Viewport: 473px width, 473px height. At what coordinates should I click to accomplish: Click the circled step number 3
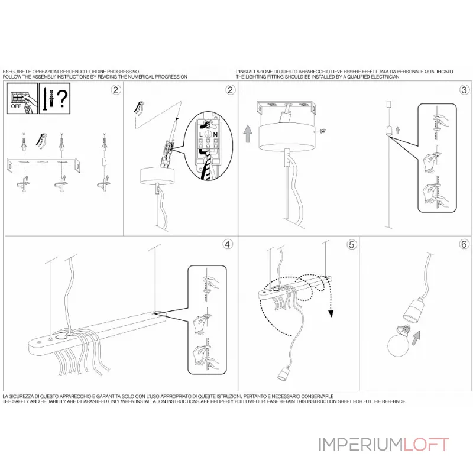coord(464,90)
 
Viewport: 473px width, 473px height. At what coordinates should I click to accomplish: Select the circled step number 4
coord(228,243)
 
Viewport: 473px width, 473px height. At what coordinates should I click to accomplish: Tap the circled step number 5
coord(352,243)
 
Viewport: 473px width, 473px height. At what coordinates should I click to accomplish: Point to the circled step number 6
coord(464,243)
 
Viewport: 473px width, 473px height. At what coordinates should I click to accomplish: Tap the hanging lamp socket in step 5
coord(283,372)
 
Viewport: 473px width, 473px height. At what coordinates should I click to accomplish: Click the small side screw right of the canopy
coord(323,132)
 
